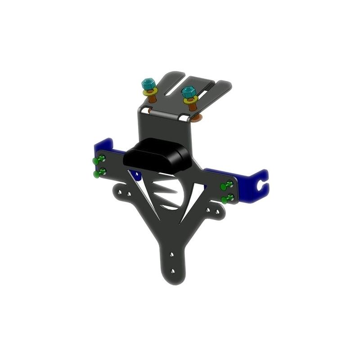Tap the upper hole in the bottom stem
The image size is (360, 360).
171,255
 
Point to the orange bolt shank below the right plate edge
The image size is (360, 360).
197,119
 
